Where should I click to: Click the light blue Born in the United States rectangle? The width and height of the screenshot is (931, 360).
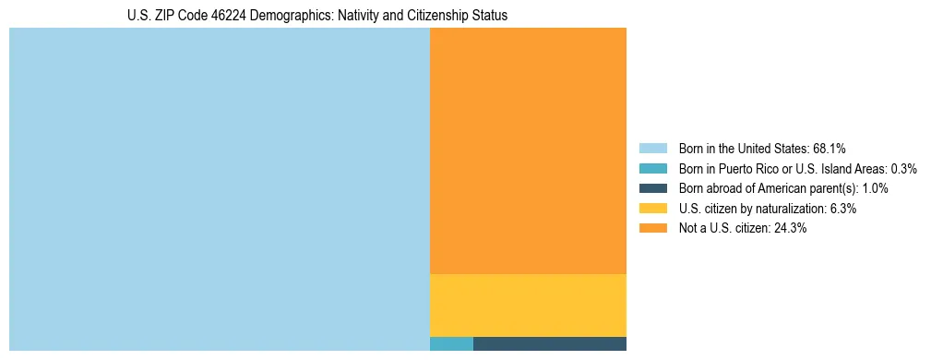pyautogui.click(x=220, y=189)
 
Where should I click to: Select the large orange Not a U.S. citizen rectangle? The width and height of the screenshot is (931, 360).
pyautogui.click(x=528, y=150)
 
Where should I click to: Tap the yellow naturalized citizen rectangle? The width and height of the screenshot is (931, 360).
pyautogui.click(x=528, y=306)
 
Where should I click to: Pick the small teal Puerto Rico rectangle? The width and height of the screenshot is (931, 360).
pyautogui.click(x=451, y=344)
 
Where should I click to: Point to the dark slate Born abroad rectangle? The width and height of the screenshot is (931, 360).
pyautogui.click(x=550, y=344)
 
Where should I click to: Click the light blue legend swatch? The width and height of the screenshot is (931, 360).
pyautogui.click(x=652, y=148)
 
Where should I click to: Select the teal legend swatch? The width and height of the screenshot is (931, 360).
pyautogui.click(x=652, y=168)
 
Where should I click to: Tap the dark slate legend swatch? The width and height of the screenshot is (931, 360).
pyautogui.click(x=652, y=188)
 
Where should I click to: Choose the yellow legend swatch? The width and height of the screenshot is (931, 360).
pyautogui.click(x=652, y=209)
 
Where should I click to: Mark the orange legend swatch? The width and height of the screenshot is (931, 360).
pyautogui.click(x=652, y=229)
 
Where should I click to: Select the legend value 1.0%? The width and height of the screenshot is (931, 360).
pyautogui.click(x=875, y=188)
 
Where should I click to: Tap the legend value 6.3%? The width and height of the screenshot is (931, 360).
pyautogui.click(x=842, y=209)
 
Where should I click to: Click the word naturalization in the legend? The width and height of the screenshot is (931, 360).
pyautogui.click(x=786, y=209)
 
